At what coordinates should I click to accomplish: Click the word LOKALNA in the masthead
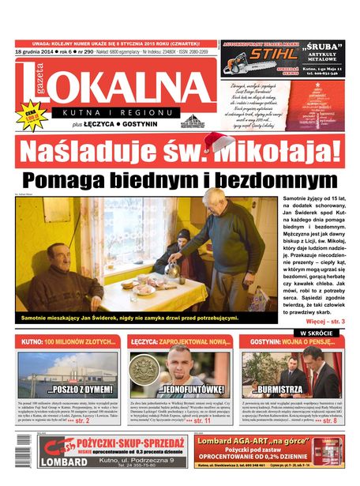point(118,85)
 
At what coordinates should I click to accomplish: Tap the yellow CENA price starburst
point(31,115)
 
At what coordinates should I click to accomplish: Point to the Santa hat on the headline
point(220,144)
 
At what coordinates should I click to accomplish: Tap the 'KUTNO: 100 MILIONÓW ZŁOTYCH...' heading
point(69,343)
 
